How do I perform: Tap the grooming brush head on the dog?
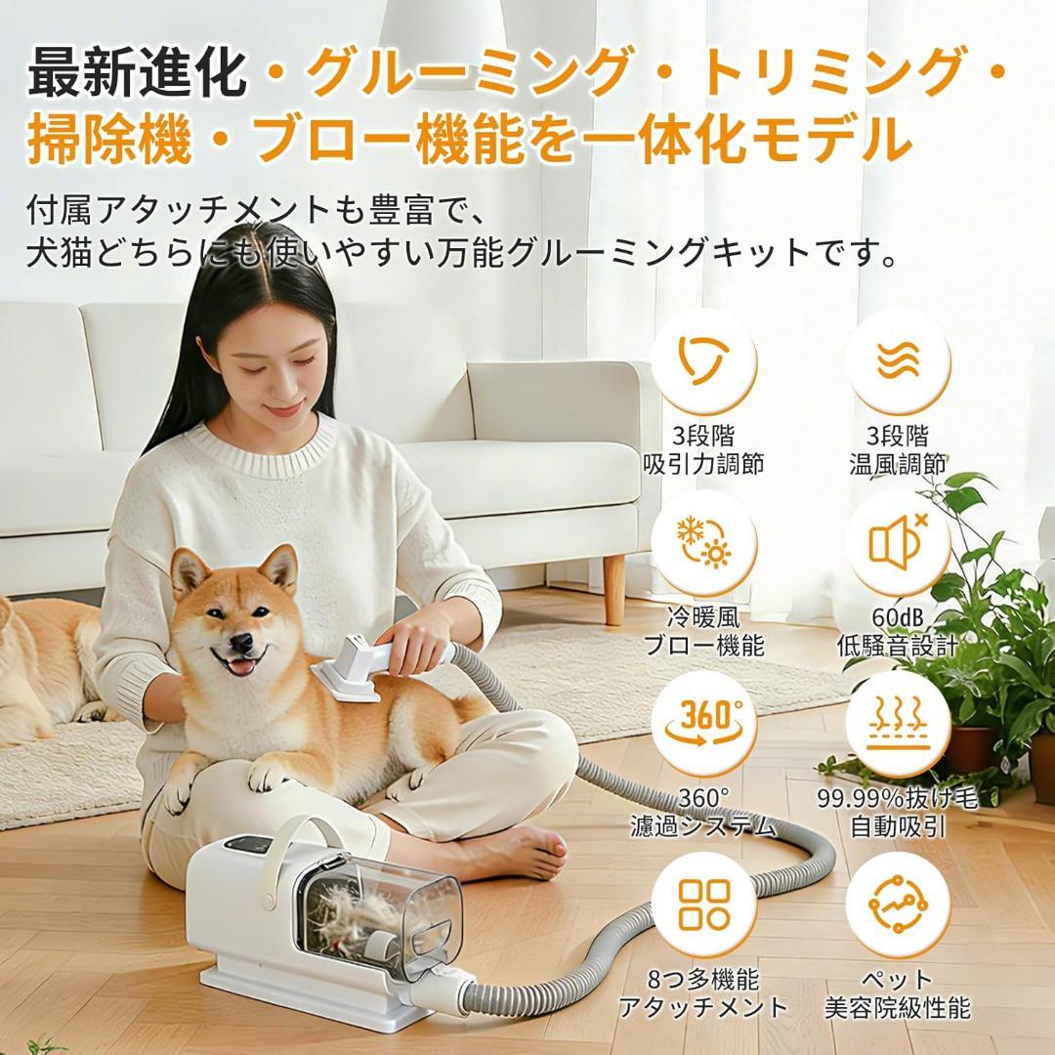[347, 673]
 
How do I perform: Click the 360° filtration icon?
[703, 722]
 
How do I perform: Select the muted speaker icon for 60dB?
[897, 544]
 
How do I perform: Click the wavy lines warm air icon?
[897, 360]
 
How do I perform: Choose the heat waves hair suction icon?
[897, 722]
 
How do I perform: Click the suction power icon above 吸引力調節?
[703, 360]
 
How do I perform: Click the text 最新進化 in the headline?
[136, 72]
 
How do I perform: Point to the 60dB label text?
[898, 618]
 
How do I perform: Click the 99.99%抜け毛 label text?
[898, 799]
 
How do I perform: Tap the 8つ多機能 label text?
[703, 980]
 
